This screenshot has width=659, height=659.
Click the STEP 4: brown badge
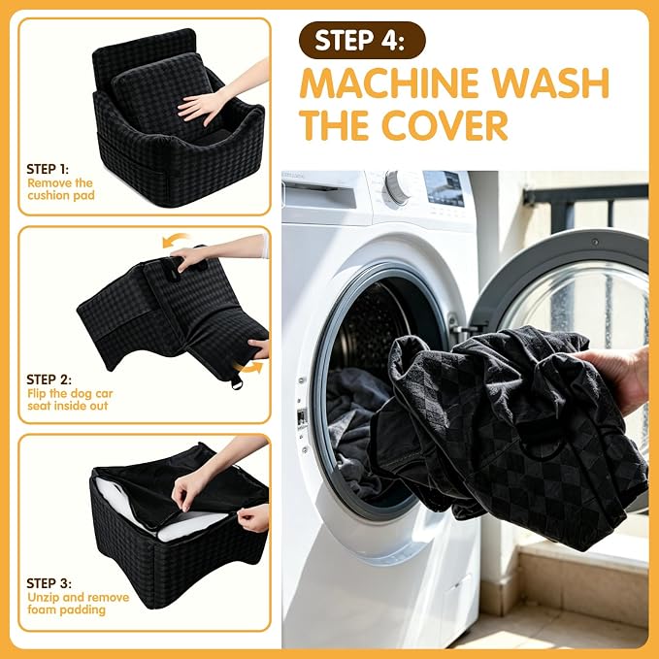tap(362, 40)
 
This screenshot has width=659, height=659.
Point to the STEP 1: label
tap(48, 169)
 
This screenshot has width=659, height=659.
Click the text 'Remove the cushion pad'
tap(61, 189)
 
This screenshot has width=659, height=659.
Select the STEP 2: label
tap(49, 379)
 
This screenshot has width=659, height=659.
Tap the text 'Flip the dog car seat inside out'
tap(70, 400)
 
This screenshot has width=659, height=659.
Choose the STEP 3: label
tap(49, 583)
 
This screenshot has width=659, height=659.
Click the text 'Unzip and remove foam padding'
tap(79, 604)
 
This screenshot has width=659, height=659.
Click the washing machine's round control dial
tap(396, 188)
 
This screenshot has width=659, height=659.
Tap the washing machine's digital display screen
tap(444, 188)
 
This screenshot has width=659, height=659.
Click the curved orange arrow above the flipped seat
tap(175, 240)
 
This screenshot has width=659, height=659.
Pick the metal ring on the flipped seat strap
tap(236, 382)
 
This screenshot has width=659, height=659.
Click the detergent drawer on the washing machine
tap(321, 194)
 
